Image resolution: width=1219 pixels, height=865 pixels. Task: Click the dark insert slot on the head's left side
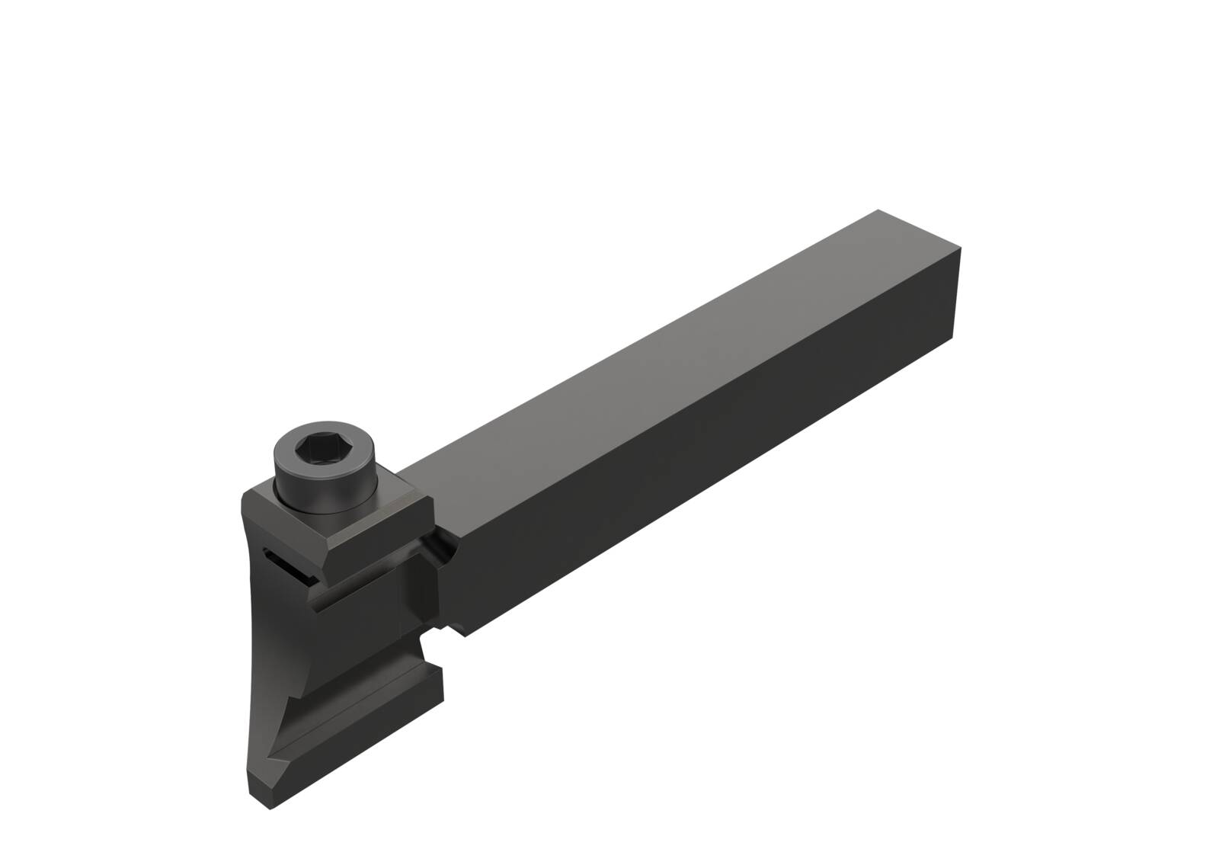[285, 569]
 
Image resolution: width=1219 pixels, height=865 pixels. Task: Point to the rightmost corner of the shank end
[961, 248]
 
